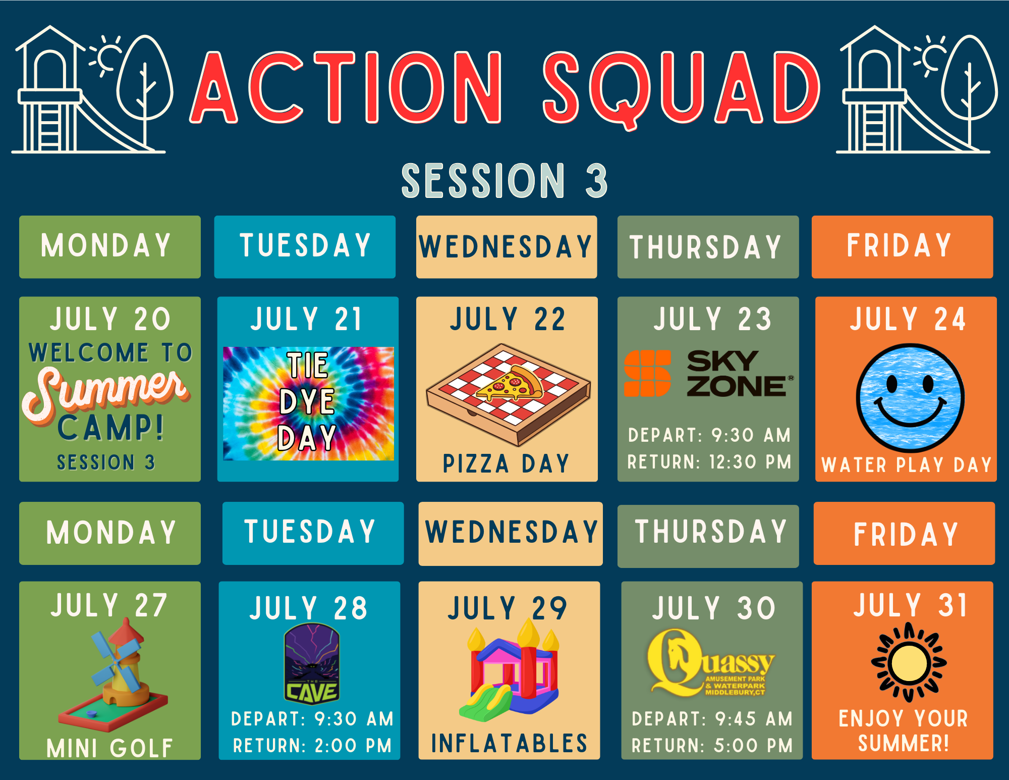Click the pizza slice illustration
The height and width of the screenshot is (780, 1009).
510,385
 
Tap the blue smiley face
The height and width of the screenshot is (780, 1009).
910,398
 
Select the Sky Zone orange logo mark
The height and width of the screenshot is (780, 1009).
647,373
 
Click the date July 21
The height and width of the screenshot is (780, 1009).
307,319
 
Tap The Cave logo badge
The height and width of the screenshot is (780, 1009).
312,663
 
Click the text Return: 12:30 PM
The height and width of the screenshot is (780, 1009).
709,462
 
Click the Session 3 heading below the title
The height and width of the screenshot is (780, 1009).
504,181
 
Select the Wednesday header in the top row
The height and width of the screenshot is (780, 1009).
506,247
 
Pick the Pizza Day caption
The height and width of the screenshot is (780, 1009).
507,464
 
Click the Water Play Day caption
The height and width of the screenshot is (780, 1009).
907,465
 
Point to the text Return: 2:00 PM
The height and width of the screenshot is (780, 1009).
312,746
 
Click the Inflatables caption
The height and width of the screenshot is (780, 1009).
510,744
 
